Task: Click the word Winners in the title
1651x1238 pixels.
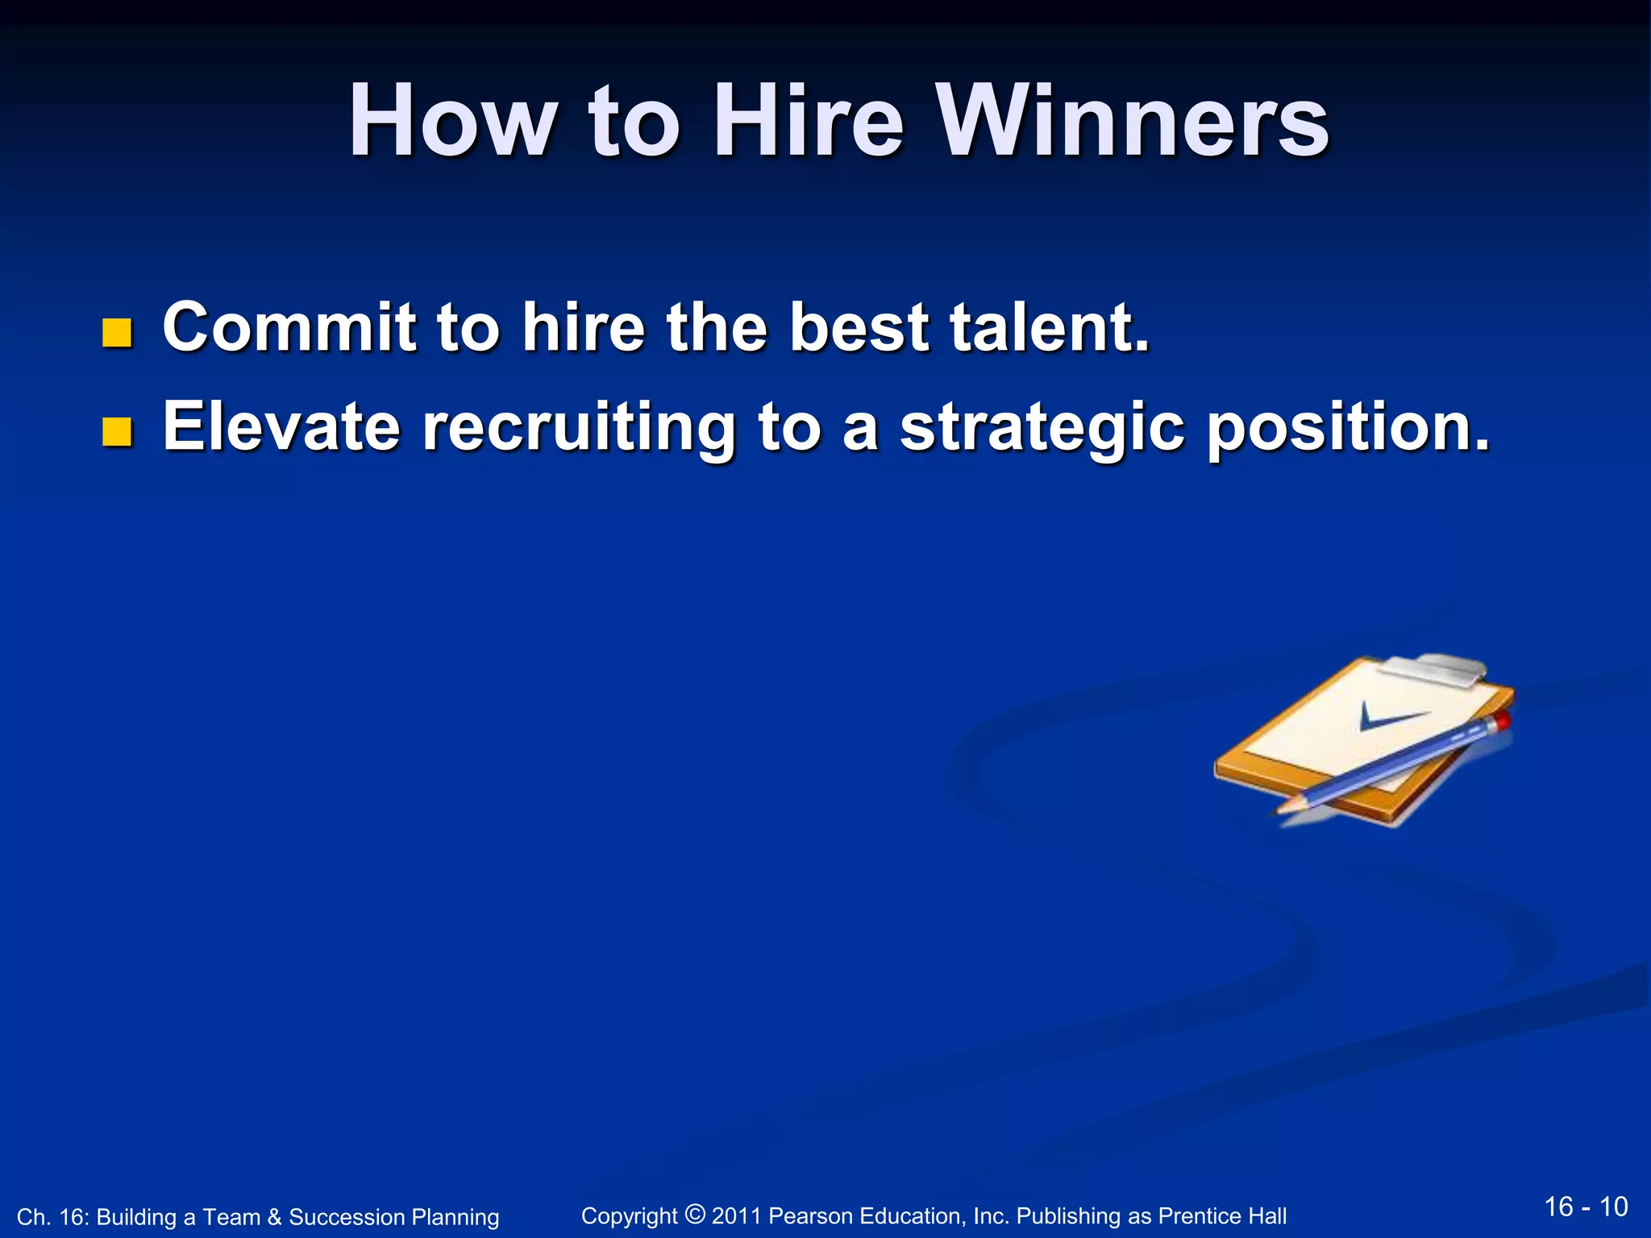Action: (x=1134, y=121)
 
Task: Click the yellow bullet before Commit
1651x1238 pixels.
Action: (x=118, y=333)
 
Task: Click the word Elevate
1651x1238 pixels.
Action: (x=281, y=426)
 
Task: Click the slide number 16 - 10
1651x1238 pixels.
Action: (x=1586, y=1207)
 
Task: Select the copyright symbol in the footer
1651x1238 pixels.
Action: (x=695, y=1214)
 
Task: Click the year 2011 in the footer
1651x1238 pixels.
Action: (x=736, y=1215)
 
